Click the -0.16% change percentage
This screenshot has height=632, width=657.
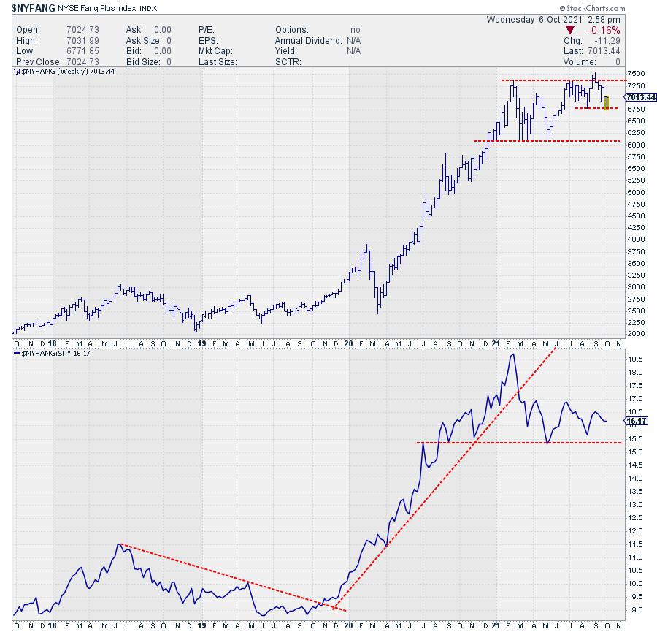click(605, 30)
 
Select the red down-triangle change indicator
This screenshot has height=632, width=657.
click(569, 30)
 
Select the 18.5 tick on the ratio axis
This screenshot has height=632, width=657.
click(635, 359)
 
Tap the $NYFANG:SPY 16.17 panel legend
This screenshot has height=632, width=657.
click(53, 354)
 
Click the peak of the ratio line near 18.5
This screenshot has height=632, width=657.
click(513, 354)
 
